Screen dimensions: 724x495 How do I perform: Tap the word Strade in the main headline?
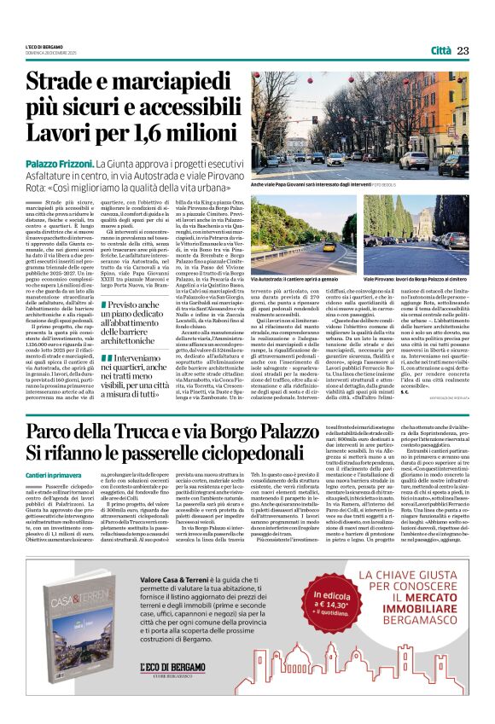point(63,84)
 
